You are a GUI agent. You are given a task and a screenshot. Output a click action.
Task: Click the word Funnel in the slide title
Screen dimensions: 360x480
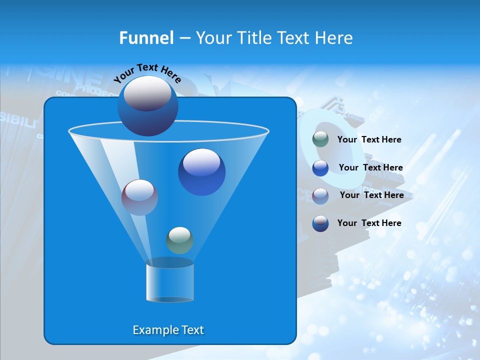(146, 38)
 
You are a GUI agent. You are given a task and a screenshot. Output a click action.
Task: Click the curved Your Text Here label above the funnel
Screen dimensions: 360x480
(147, 73)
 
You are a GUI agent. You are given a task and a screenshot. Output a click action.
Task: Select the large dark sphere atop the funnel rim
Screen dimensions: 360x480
(148, 105)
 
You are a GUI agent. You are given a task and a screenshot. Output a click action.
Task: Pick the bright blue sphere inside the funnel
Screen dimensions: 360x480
(201, 172)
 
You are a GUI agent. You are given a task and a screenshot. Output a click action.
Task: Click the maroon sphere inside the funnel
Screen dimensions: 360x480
(139, 197)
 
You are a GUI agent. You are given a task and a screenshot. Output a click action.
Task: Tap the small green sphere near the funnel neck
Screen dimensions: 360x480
(179, 240)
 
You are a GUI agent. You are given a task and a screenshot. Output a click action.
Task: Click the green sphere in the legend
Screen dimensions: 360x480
(320, 139)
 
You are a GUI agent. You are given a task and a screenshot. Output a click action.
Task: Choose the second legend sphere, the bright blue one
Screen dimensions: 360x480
(320, 168)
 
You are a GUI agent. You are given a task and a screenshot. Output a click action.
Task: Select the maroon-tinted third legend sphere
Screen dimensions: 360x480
(320, 195)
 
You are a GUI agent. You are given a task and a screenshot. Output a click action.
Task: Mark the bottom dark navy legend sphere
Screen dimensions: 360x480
(320, 223)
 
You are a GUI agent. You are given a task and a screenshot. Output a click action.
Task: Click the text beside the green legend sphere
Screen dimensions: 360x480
(369, 140)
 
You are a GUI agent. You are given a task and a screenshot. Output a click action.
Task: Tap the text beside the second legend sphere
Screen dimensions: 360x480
(370, 168)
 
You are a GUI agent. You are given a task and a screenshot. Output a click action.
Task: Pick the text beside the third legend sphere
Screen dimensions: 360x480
(371, 195)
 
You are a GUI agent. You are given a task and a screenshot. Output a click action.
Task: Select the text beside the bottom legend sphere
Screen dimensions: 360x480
(369, 223)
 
